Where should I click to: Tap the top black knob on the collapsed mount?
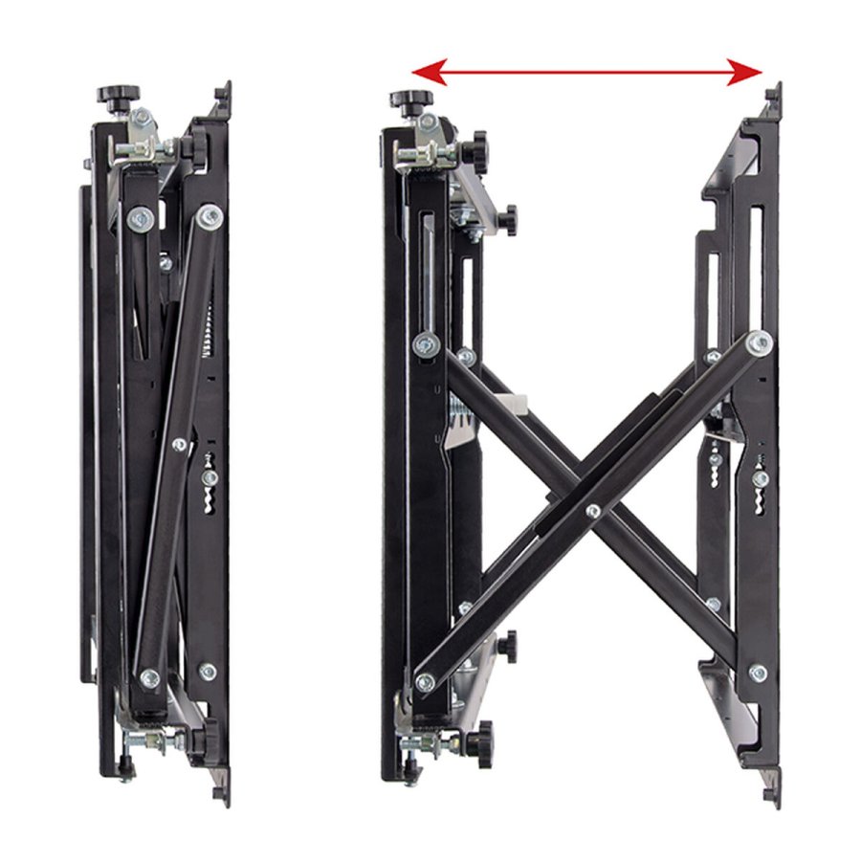[x=118, y=95]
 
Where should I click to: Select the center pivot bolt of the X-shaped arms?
[x=594, y=512]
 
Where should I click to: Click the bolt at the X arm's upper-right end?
[x=760, y=342]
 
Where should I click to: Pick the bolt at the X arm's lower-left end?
[x=425, y=682]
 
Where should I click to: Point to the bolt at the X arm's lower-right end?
[x=758, y=673]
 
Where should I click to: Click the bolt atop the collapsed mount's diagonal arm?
[x=209, y=216]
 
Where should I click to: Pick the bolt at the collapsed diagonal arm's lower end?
[x=148, y=677]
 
